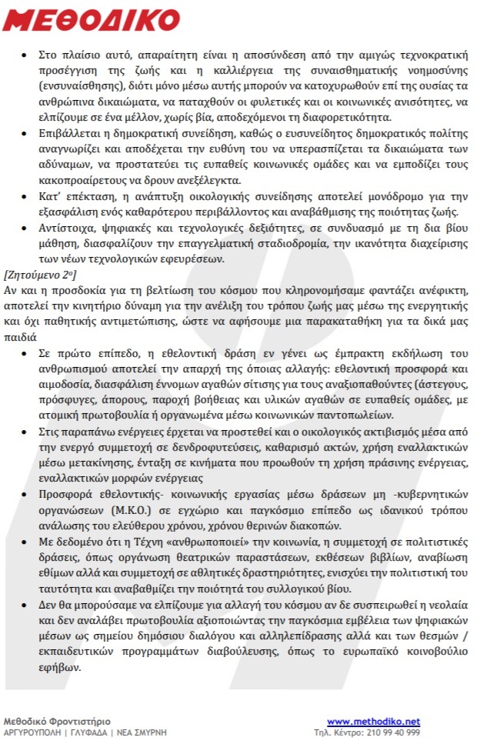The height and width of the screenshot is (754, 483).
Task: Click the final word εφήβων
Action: tap(62, 667)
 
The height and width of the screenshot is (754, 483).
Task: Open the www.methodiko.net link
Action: tap(374, 721)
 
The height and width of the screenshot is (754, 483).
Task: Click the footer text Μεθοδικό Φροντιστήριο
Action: tap(57, 721)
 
